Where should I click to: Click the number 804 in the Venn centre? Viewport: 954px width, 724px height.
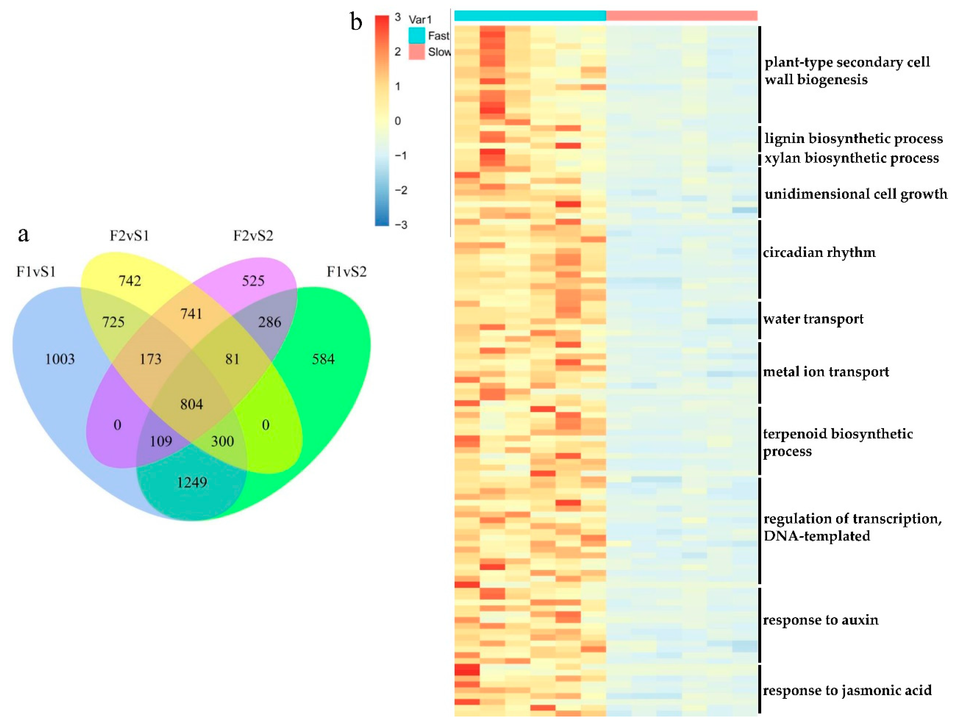point(192,404)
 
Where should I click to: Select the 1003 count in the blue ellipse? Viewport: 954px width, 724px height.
point(60,359)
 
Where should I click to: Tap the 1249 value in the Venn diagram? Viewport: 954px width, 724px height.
point(192,482)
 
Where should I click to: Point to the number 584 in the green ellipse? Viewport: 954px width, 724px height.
point(323,359)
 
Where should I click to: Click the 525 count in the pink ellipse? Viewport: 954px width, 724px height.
point(253,281)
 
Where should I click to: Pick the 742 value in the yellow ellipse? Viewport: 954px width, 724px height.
point(130,281)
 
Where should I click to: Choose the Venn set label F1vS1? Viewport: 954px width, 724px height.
point(36,272)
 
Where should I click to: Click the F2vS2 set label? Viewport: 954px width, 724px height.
point(253,236)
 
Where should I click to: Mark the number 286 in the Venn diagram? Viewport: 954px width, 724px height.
point(270,322)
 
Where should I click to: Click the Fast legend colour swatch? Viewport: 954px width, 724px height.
point(417,35)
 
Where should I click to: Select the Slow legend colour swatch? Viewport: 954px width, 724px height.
point(417,52)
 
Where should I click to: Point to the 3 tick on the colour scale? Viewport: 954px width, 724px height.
point(398,17)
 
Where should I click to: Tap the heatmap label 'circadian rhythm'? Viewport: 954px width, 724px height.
point(819,252)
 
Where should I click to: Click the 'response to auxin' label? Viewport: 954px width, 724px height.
point(820,620)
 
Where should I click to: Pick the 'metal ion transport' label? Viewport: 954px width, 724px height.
point(826,372)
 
